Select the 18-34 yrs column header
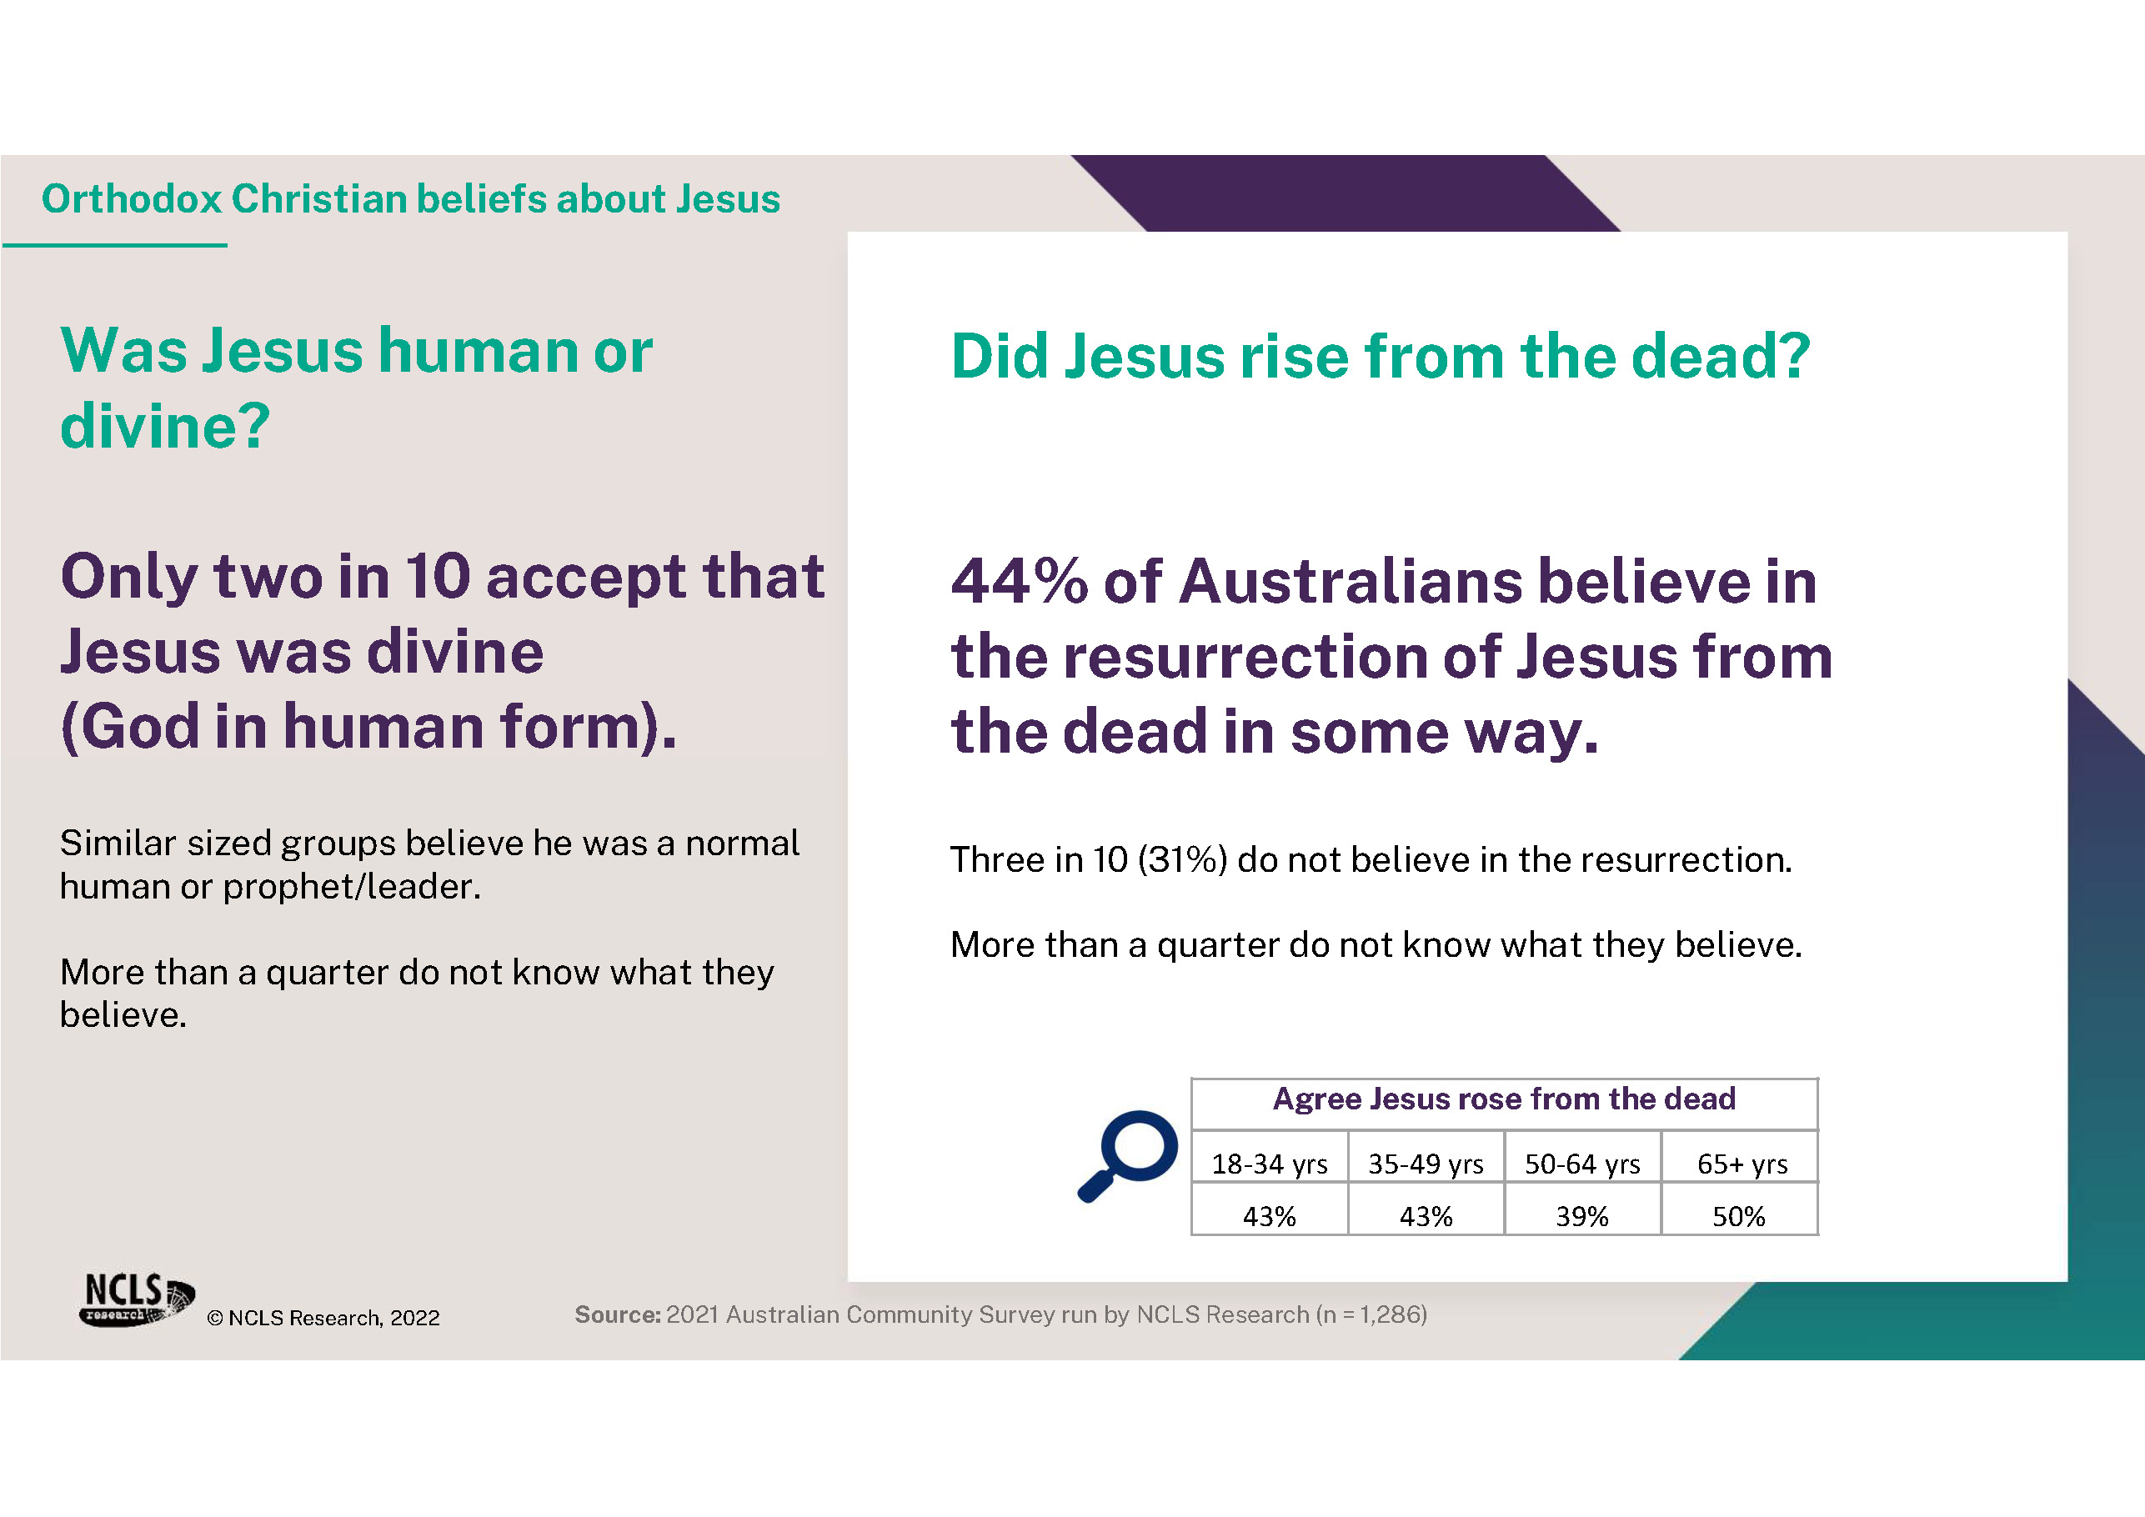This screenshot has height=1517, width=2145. [1270, 1164]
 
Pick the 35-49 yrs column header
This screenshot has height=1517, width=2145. [1426, 1164]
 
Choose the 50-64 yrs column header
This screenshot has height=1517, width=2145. [1582, 1164]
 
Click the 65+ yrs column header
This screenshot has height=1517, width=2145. [1742, 1164]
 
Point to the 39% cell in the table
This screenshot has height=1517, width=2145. [1581, 1216]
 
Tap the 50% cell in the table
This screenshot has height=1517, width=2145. [1739, 1216]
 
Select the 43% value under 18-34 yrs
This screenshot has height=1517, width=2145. [1269, 1216]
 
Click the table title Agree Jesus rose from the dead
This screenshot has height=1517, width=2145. [1504, 1099]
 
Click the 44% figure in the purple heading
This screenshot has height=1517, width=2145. [1020, 581]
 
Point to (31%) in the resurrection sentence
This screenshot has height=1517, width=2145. [1182, 859]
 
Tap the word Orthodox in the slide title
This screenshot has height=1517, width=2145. [132, 199]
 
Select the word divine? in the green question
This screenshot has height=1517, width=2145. [165, 427]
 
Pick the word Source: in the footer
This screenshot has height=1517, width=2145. [618, 1314]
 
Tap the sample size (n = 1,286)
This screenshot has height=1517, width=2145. [1371, 1315]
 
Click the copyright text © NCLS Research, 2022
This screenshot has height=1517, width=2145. [323, 1318]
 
